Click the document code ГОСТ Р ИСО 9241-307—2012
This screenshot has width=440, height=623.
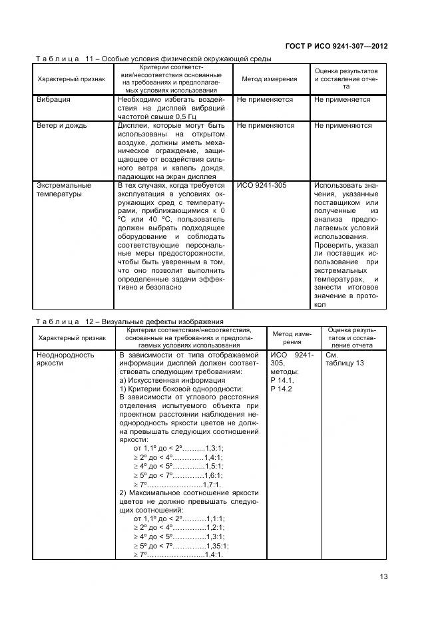point(336,47)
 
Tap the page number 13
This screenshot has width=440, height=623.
point(383,577)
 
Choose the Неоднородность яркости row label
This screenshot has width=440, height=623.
point(66,359)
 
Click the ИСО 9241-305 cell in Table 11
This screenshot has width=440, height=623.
point(262,185)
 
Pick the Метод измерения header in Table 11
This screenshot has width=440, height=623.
point(270,79)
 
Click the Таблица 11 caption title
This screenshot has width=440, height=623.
point(153,59)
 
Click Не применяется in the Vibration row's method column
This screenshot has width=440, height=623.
point(265,100)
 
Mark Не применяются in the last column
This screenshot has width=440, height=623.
point(343,125)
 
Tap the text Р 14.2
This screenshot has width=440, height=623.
point(282,389)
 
